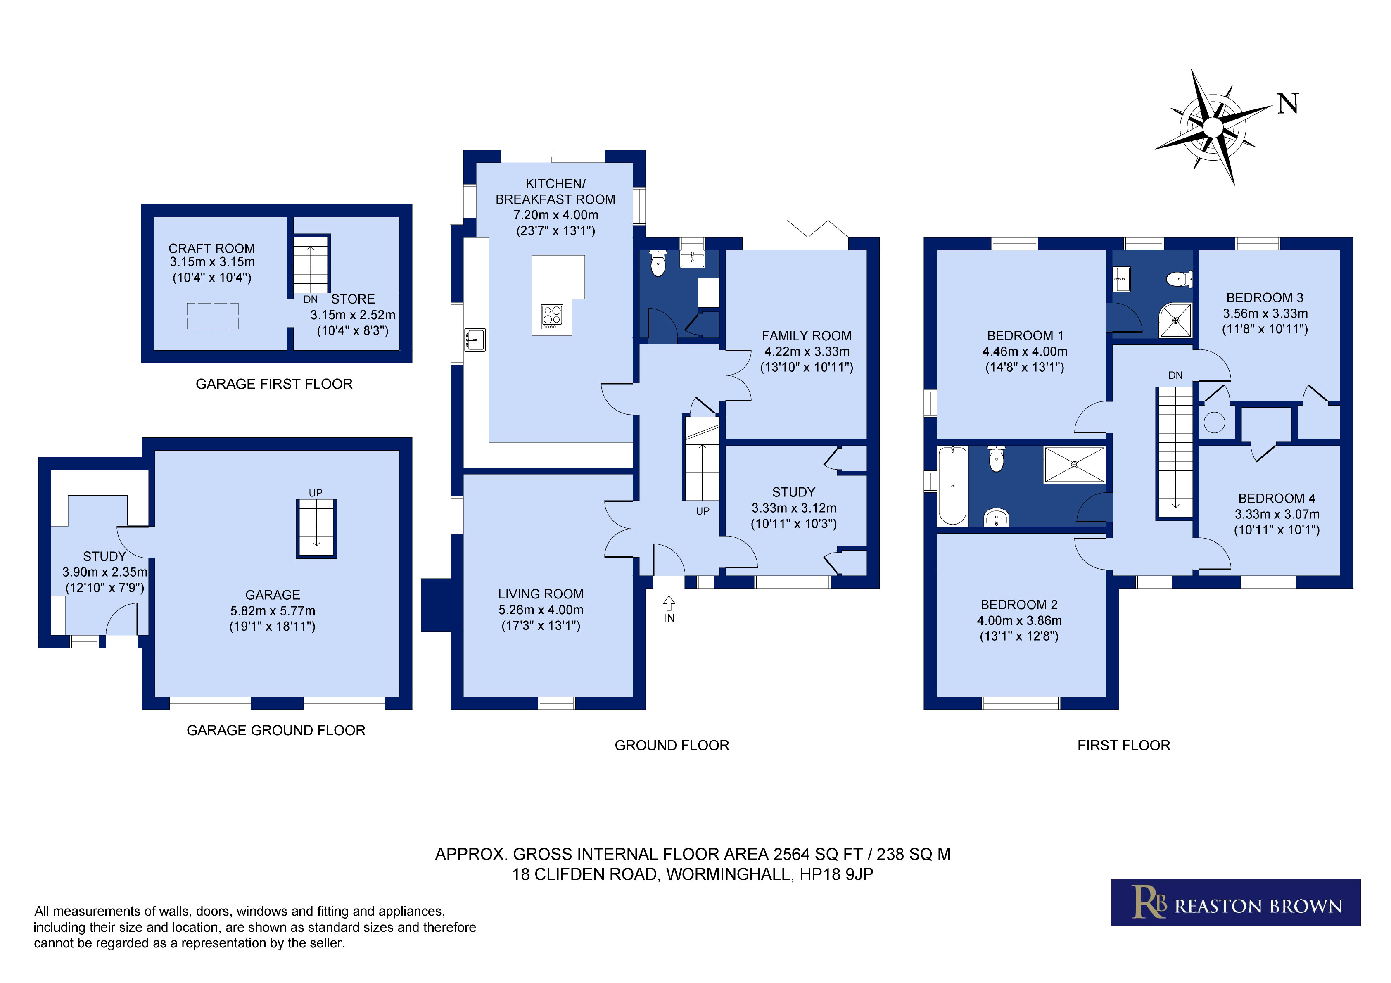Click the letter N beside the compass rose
pos(1288,104)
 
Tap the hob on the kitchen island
pos(551,316)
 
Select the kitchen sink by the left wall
pos(475,340)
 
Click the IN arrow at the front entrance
pos(669,603)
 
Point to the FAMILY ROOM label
pos(806,336)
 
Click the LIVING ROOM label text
pos(540,594)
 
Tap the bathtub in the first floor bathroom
pos(952,485)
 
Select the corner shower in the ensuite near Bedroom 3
pos(1175,320)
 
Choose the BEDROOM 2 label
pos(1019,604)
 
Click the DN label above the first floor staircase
pos(1175,375)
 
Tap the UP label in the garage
pos(316,493)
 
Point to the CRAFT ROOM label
pos(211,249)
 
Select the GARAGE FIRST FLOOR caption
pos(274,384)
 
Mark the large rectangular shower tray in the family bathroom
pos(1074,465)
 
